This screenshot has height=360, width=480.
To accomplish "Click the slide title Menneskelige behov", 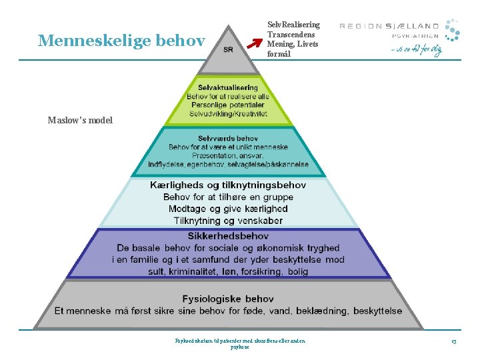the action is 121,41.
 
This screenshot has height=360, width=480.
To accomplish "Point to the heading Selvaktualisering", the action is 227,87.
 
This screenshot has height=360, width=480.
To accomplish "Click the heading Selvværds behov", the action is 228,138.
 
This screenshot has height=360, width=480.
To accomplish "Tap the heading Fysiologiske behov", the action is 228,299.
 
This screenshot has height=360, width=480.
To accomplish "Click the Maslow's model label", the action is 80,121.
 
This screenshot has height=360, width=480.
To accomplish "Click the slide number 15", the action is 453,342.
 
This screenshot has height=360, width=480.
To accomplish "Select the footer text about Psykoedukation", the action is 240,343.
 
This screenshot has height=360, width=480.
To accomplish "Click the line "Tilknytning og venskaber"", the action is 228,221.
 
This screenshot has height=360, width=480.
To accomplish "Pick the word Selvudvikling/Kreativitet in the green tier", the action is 227,114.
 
